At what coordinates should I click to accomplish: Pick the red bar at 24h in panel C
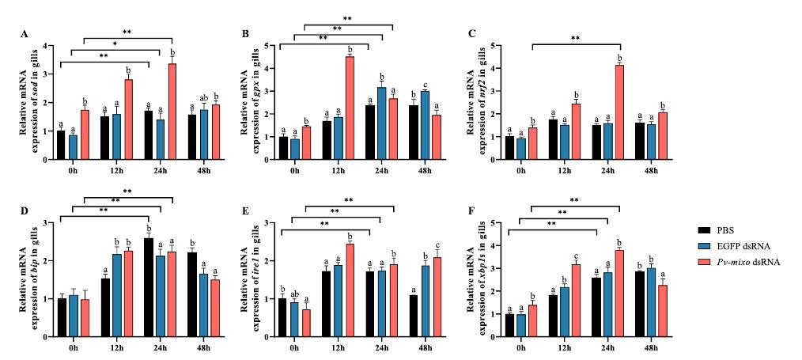pos(619,112)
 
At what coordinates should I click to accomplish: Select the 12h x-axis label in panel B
pos(339,170)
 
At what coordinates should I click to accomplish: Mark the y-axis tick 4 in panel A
pos(47,46)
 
